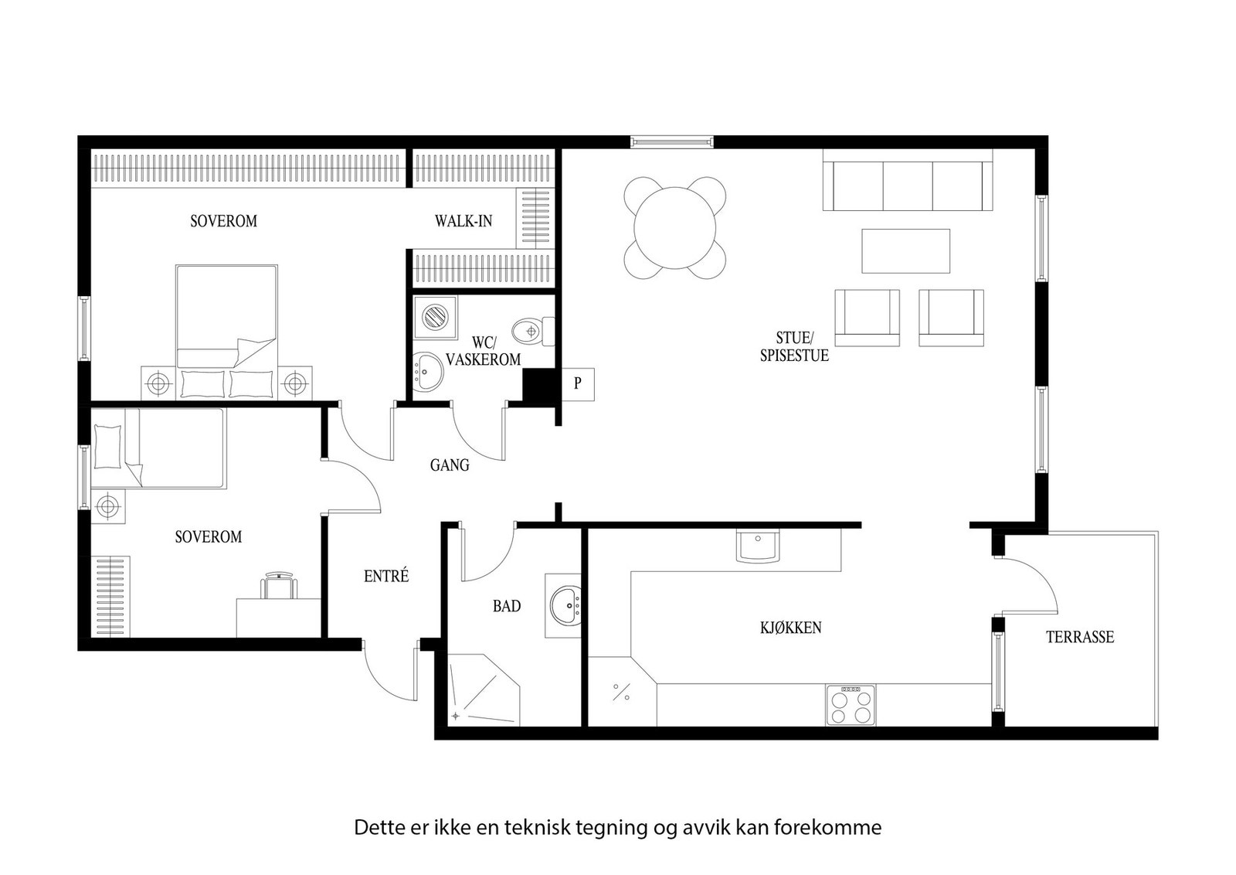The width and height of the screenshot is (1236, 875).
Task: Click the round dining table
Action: [x=675, y=227]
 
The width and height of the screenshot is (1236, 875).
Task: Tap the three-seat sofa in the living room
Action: [x=908, y=186]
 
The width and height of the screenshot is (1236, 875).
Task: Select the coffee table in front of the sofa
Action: [x=905, y=250]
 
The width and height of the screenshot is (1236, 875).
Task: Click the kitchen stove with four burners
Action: [x=851, y=705]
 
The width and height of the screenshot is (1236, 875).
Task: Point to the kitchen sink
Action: [x=758, y=546]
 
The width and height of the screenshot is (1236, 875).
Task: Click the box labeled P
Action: [x=577, y=383]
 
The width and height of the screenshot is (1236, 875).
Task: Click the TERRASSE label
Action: [x=1079, y=637]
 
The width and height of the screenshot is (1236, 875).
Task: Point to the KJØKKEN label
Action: [x=790, y=628]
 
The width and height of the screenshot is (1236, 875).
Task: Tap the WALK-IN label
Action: [x=463, y=221]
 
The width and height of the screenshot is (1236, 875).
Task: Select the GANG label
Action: [x=450, y=465]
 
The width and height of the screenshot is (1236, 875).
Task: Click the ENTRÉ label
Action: [x=385, y=576]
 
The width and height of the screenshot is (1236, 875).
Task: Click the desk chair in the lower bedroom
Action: [x=280, y=585]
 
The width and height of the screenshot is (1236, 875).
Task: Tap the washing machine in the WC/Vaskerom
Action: [x=433, y=317]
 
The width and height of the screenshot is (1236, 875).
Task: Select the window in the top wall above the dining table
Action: [x=671, y=141]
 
